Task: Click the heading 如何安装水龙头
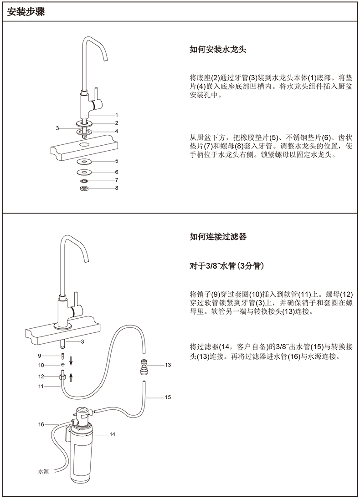[x=218, y=49]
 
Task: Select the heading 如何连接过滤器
[x=218, y=237]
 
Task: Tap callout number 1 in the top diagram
[x=117, y=115]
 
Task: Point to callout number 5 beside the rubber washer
[x=117, y=161]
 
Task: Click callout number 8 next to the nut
[x=117, y=188]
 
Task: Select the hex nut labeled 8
[x=84, y=188]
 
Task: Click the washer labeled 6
[x=84, y=172]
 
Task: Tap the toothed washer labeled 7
[x=84, y=180]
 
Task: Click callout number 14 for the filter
[x=112, y=434]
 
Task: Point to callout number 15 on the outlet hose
[x=168, y=397]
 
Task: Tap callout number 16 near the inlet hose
[x=41, y=424]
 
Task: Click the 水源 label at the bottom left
[x=43, y=472]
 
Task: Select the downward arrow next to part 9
[x=71, y=362]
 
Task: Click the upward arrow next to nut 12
[x=71, y=377]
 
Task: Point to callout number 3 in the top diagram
[x=57, y=128]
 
